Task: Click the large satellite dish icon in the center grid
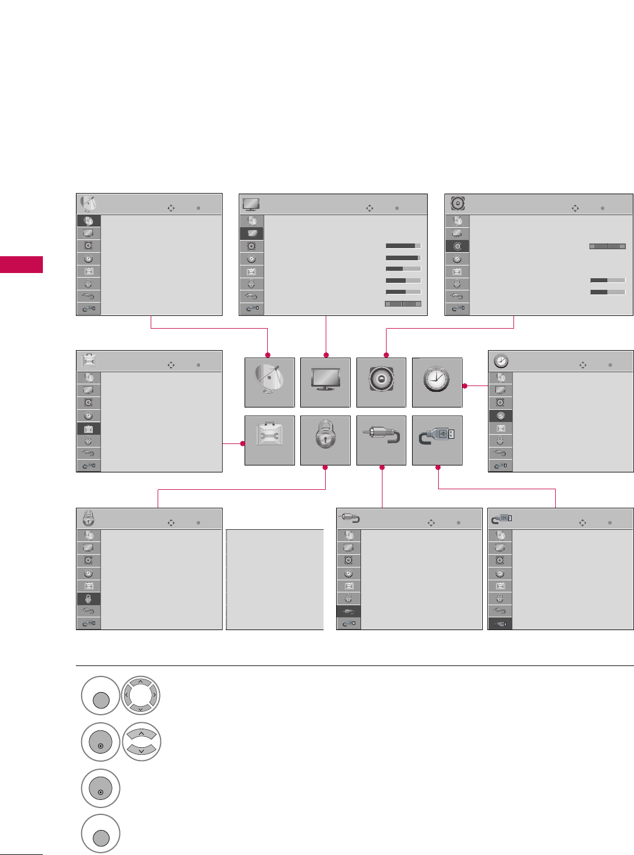(269, 382)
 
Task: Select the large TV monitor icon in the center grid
(325, 382)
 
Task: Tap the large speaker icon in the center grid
(381, 382)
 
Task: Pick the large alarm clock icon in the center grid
(436, 382)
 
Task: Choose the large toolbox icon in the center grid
(269, 440)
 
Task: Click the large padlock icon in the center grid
(325, 440)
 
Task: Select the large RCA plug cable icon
(381, 440)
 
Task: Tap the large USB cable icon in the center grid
(436, 440)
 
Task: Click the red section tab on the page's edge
(21, 264)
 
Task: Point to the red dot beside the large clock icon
(465, 385)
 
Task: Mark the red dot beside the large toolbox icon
(243, 443)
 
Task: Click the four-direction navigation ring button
(141, 695)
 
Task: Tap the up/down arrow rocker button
(141, 742)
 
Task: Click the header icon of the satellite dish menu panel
(88, 203)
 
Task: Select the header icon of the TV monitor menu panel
(251, 203)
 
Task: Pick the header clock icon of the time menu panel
(501, 361)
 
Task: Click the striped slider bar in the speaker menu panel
(607, 246)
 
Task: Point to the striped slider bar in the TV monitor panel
(403, 304)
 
